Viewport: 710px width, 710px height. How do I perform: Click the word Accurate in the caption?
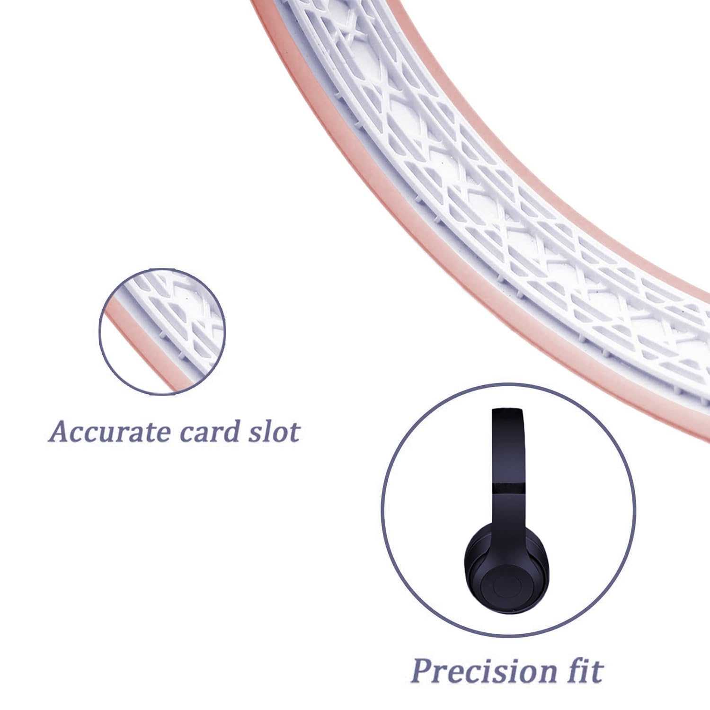coord(109,431)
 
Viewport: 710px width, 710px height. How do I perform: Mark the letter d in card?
coord(230,431)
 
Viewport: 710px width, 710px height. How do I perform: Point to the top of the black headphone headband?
coord(507,410)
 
